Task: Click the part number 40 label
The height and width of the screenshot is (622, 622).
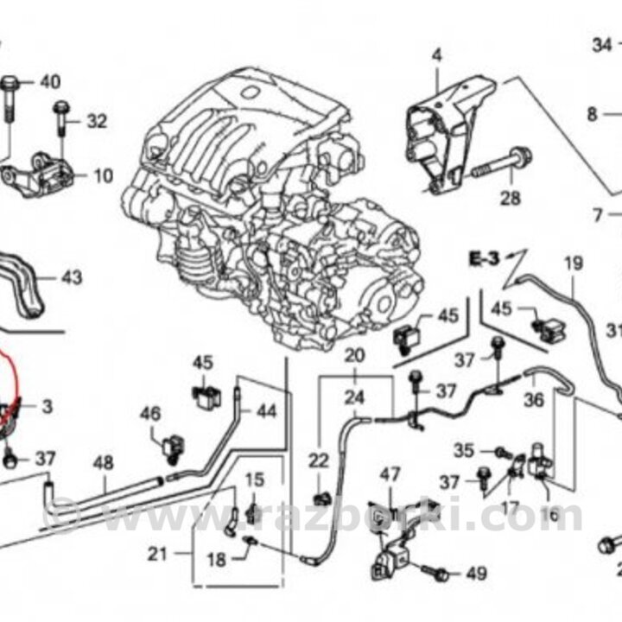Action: tap(50, 83)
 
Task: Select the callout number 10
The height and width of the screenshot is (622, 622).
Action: tap(103, 177)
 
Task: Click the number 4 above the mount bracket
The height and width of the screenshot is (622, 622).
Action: tap(436, 56)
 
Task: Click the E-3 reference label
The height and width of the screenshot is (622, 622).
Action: tap(486, 257)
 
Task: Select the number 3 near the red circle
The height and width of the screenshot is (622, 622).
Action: tap(47, 406)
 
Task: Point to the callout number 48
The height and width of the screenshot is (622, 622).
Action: tap(103, 463)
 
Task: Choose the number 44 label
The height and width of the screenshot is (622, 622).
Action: tap(266, 411)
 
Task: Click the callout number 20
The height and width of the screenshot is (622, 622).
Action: tap(355, 355)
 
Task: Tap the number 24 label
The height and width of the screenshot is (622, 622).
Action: tap(355, 398)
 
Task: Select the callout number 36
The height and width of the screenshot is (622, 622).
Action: tap(534, 401)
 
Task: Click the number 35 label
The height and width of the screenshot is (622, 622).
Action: tap(465, 450)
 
